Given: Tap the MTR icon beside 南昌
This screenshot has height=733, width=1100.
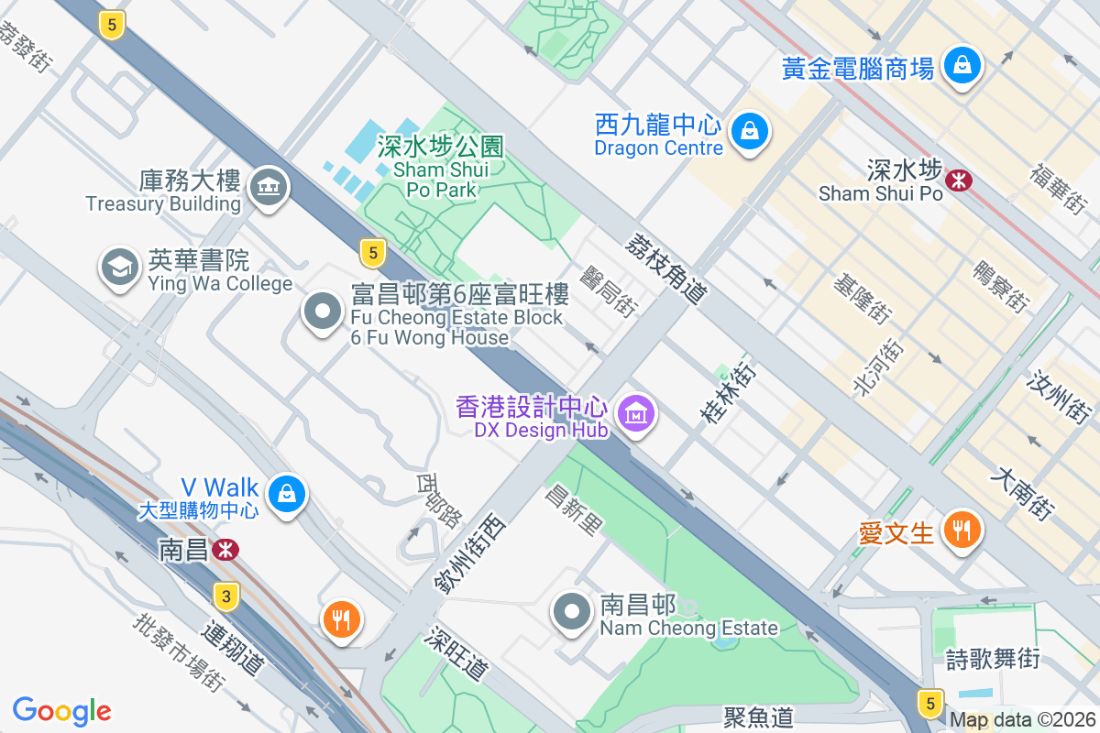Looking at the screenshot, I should click(225, 549).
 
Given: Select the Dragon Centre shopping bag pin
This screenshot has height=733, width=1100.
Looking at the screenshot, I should click(750, 132).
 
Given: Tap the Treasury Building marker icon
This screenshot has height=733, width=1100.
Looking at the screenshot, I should click(269, 187).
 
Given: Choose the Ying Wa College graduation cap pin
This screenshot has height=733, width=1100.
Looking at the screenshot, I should click(119, 268).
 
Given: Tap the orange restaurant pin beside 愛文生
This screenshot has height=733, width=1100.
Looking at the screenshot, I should click(961, 530).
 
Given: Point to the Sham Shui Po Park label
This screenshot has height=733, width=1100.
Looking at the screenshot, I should click(441, 169).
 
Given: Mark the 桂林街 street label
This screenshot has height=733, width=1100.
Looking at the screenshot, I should click(730, 394).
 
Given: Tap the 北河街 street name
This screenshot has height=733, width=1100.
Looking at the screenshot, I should click(878, 366).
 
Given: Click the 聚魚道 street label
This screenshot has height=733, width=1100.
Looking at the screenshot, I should click(758, 717).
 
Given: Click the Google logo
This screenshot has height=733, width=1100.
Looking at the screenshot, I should click(61, 711).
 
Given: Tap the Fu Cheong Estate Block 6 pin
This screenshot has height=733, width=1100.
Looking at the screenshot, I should click(322, 312).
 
